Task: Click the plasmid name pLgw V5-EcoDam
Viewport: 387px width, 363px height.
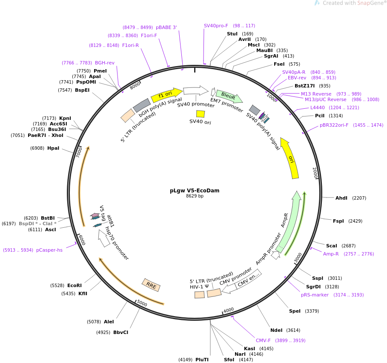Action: coord(195,190)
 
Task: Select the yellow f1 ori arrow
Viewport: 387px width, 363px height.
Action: coord(167,95)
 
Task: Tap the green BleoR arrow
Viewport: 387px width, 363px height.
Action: coord(229,96)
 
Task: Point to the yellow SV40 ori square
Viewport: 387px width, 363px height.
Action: coord(201,114)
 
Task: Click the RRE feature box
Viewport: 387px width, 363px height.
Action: coord(151,285)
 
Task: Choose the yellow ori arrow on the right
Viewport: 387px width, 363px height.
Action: coord(290,158)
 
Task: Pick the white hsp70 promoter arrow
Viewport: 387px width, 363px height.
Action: coord(104,238)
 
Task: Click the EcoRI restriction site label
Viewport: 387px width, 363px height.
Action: coord(75,285)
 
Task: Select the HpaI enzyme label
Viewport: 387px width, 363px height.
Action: coord(53,148)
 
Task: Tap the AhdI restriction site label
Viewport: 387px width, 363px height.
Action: coord(341,198)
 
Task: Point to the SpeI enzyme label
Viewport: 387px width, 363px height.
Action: coord(295,311)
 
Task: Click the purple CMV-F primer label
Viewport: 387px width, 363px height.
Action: coord(263,340)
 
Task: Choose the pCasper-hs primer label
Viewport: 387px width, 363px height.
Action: coord(49,250)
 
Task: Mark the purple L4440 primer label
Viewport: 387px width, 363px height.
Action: coord(318,107)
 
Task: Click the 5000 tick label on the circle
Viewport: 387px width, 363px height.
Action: coord(142,303)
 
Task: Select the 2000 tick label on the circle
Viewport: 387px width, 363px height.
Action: coord(315,173)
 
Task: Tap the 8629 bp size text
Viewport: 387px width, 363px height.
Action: coord(195,196)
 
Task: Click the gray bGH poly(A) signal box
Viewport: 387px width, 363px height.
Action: coord(142,105)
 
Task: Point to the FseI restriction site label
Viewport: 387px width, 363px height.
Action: coord(279,64)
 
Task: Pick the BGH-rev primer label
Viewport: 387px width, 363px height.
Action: coord(105,63)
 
